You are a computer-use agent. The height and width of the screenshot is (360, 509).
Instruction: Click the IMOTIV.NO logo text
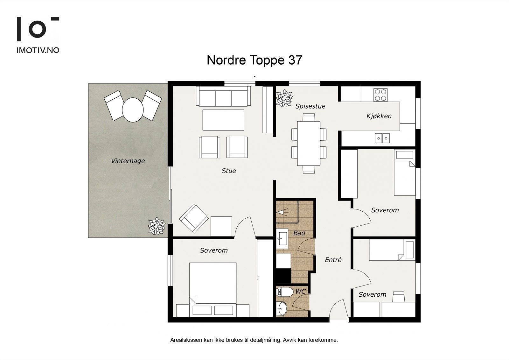[38, 50]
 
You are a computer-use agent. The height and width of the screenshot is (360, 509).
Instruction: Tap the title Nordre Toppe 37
[254, 60]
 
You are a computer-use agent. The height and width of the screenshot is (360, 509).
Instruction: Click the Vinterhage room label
[128, 161]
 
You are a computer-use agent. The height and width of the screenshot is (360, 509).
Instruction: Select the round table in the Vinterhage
[133, 110]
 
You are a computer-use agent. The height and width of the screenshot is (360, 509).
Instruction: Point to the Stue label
[229, 171]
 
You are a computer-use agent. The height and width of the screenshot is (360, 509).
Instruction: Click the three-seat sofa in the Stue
[223, 96]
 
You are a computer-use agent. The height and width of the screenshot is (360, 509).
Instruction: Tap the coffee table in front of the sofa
[223, 120]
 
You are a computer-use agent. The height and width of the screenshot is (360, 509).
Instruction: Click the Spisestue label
[310, 106]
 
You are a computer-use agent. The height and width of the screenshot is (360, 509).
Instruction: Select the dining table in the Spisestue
[309, 143]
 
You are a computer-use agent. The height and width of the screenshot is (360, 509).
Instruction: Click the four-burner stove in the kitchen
[380, 95]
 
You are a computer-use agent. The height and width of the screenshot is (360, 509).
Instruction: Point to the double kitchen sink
[382, 138]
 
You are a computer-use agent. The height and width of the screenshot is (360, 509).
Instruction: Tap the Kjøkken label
[379, 116]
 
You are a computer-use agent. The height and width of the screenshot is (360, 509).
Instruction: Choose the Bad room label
[299, 233]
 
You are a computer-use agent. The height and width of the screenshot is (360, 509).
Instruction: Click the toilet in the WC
[285, 292]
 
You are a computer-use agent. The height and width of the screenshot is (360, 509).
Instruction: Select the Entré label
[333, 260]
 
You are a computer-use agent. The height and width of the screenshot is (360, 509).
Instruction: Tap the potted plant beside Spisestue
[284, 98]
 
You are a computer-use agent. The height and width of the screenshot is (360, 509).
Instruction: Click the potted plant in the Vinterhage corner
[157, 226]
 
